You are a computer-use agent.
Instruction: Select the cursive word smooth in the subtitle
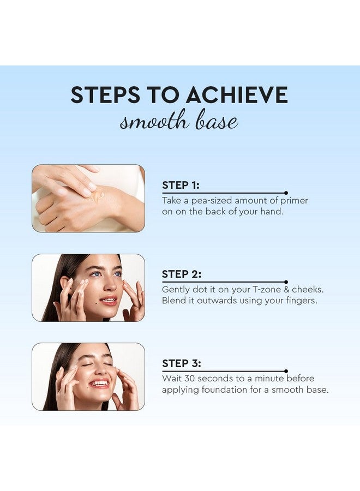pyautogui.click(x=154, y=121)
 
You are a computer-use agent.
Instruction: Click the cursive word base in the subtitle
pyautogui.click(x=217, y=121)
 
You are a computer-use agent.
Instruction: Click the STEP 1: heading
pyautogui.click(x=181, y=185)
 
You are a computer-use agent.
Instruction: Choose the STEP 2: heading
pyautogui.click(x=181, y=274)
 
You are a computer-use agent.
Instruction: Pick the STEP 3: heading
pyautogui.click(x=181, y=363)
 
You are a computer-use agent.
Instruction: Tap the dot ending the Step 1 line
pyautogui.click(x=286, y=193)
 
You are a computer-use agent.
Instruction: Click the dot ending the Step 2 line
pyautogui.click(x=286, y=282)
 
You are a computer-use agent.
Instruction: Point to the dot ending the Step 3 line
pyautogui.click(x=286, y=371)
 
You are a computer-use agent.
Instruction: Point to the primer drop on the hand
pyautogui.click(x=98, y=195)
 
